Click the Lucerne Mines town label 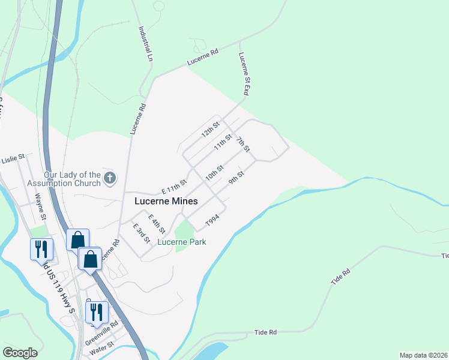click(x=166, y=202)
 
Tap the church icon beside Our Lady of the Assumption click(x=109, y=178)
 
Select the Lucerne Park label click(x=182, y=242)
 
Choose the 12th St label click(x=210, y=130)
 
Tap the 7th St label click(x=243, y=145)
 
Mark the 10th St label click(x=214, y=172)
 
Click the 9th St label click(x=236, y=178)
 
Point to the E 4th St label click(x=157, y=224)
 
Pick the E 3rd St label click(x=141, y=233)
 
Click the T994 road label click(x=212, y=221)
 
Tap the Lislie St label click(x=13, y=160)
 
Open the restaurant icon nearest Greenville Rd click(x=94, y=311)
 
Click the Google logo click(x=20, y=353)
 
